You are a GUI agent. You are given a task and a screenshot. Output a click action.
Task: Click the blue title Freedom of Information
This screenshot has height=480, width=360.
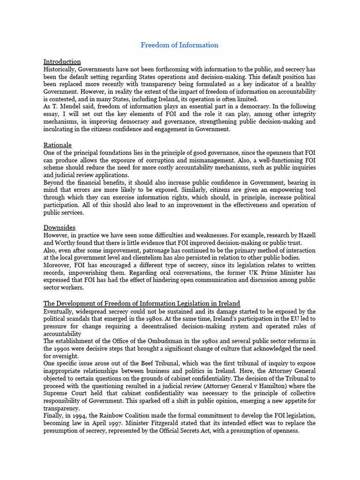click(180, 45)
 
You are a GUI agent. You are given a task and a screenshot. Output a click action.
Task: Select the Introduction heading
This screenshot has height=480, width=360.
click(62, 61)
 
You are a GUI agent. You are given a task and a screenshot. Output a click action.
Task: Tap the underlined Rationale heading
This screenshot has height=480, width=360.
click(58, 145)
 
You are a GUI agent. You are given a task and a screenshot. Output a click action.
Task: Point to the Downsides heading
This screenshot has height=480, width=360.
click(59, 227)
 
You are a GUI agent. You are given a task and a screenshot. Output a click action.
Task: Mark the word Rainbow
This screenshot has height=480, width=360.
click(116, 416)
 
